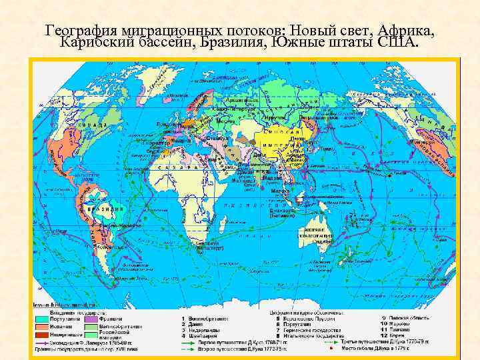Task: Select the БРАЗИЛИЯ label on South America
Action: click(109, 209)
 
